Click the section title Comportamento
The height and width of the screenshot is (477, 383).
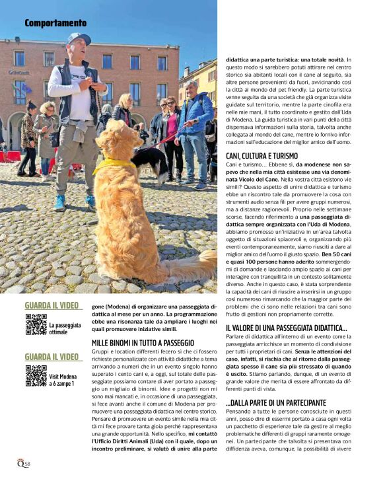point(55,23)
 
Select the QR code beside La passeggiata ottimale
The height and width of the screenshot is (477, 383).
point(36,324)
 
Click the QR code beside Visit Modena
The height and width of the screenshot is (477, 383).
point(36,375)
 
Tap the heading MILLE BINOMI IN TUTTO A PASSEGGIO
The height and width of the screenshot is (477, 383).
point(143,343)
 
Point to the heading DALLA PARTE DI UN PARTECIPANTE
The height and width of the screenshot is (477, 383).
point(276,402)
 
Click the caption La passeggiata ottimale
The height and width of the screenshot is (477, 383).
point(65,328)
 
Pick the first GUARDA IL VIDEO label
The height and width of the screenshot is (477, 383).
point(52,305)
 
